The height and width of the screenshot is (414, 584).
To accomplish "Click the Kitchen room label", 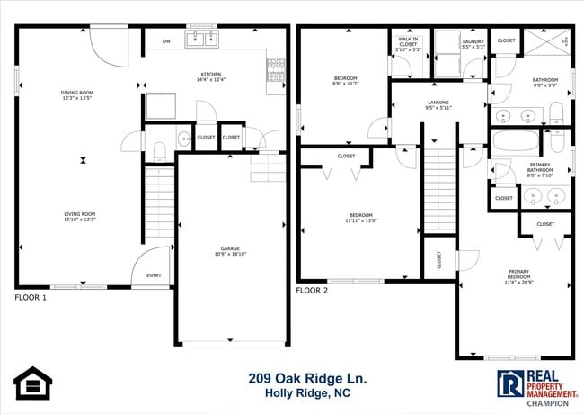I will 211,77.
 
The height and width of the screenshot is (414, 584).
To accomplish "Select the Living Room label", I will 79,216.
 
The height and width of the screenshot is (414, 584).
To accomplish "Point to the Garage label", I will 231,252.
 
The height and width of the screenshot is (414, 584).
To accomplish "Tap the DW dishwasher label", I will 166,41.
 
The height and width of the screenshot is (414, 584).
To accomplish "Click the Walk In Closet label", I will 407,46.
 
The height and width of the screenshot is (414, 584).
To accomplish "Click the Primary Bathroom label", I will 540,168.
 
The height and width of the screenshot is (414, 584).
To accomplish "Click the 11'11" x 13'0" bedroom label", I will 361,217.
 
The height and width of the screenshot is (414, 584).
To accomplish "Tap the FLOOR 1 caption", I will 31,297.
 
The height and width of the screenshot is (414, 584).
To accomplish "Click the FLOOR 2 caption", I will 313,291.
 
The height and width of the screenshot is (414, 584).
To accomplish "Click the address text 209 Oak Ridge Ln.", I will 306,379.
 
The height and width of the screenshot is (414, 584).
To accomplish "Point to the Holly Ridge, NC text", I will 306,394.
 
